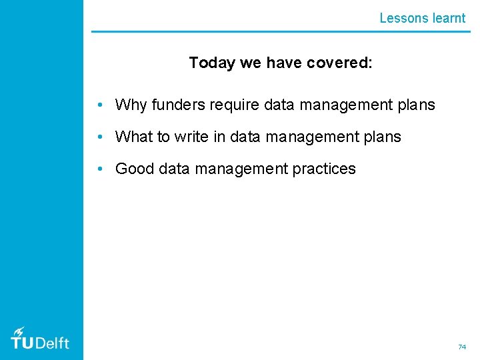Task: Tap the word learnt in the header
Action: coord(449,18)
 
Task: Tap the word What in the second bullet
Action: coord(134,137)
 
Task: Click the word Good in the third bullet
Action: coord(135,169)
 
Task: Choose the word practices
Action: coord(324,169)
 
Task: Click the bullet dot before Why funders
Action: coord(99,105)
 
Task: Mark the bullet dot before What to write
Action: coord(99,137)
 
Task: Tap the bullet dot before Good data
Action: coord(99,169)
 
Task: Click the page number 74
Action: coord(461,347)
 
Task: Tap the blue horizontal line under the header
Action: coord(280,31)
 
